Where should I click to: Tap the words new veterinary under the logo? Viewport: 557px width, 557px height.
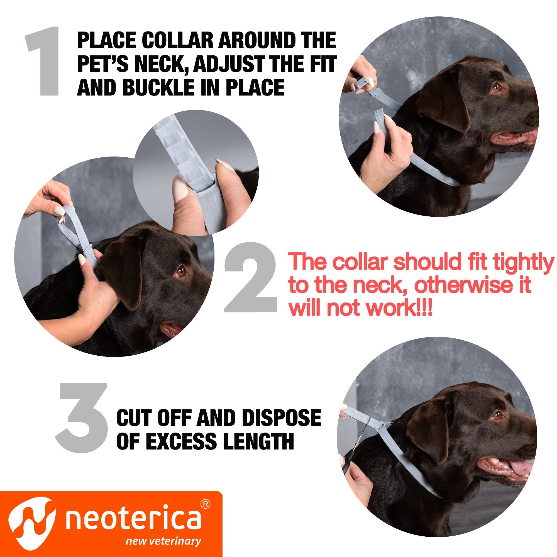(x=163, y=541)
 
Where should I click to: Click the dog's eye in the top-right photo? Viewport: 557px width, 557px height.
(x=496, y=87)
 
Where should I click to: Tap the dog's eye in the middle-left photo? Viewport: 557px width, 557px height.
(x=181, y=271)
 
